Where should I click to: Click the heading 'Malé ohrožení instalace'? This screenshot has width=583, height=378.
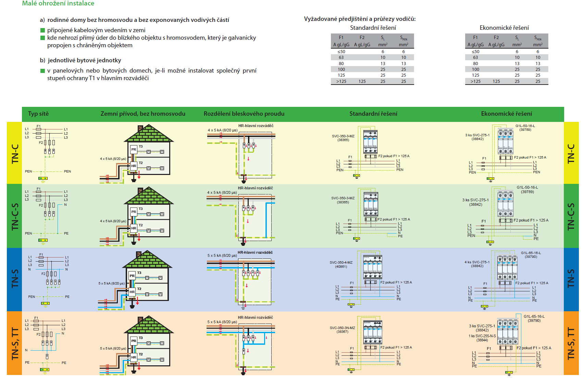[x=58, y=3]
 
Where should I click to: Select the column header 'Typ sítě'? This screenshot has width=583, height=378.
[x=38, y=114]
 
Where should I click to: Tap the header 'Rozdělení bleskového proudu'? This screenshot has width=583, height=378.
[x=244, y=114]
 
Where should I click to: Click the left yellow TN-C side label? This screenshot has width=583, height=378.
[x=15, y=153]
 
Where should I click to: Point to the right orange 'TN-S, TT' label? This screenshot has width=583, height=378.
[x=571, y=343]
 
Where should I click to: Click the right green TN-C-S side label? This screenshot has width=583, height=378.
[x=571, y=216]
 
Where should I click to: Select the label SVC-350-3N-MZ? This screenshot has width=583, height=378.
[x=342, y=328]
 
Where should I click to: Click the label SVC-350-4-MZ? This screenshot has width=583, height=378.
[x=341, y=263]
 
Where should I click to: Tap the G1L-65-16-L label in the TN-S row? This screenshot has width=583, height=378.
[x=531, y=253]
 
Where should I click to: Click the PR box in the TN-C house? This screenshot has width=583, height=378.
[x=134, y=150]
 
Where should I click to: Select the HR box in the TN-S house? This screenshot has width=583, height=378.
[x=132, y=292]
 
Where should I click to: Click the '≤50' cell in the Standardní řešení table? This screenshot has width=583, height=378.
[x=341, y=52]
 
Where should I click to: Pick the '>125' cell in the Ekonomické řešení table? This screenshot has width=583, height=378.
[x=475, y=81]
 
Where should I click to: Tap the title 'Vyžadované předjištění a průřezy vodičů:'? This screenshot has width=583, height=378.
[x=360, y=19]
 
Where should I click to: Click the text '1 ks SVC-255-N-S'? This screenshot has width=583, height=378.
[x=482, y=336]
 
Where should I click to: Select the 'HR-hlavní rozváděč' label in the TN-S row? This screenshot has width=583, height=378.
[x=255, y=253]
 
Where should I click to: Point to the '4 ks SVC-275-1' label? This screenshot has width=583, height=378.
[x=477, y=262]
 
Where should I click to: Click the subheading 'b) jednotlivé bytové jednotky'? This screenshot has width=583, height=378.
[x=80, y=60]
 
